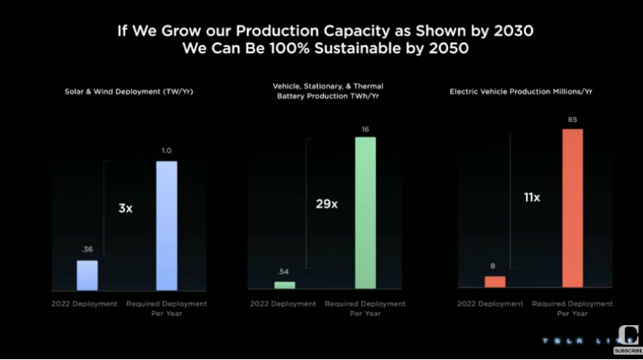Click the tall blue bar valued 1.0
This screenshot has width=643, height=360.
pyautogui.click(x=167, y=225)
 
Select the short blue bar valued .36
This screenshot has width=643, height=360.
pyautogui.click(x=87, y=275)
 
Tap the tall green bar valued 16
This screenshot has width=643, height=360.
pyautogui.click(x=365, y=213)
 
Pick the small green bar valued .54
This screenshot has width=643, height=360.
pyautogui.click(x=285, y=285)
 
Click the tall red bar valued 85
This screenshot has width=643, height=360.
pyautogui.click(x=572, y=208)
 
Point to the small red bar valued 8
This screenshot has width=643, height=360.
pyautogui.click(x=495, y=281)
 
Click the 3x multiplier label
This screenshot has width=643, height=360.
pyautogui.click(x=125, y=208)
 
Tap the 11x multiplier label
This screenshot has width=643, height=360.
pyautogui.click(x=531, y=198)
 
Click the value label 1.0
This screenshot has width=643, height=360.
pyautogui.click(x=167, y=151)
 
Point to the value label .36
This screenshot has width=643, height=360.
pyautogui.click(x=87, y=250)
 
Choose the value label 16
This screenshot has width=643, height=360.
pyautogui.click(x=365, y=127)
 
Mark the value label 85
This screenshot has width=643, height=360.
pyautogui.click(x=572, y=118)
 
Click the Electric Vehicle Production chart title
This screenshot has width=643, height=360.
pyautogui.click(x=525, y=91)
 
